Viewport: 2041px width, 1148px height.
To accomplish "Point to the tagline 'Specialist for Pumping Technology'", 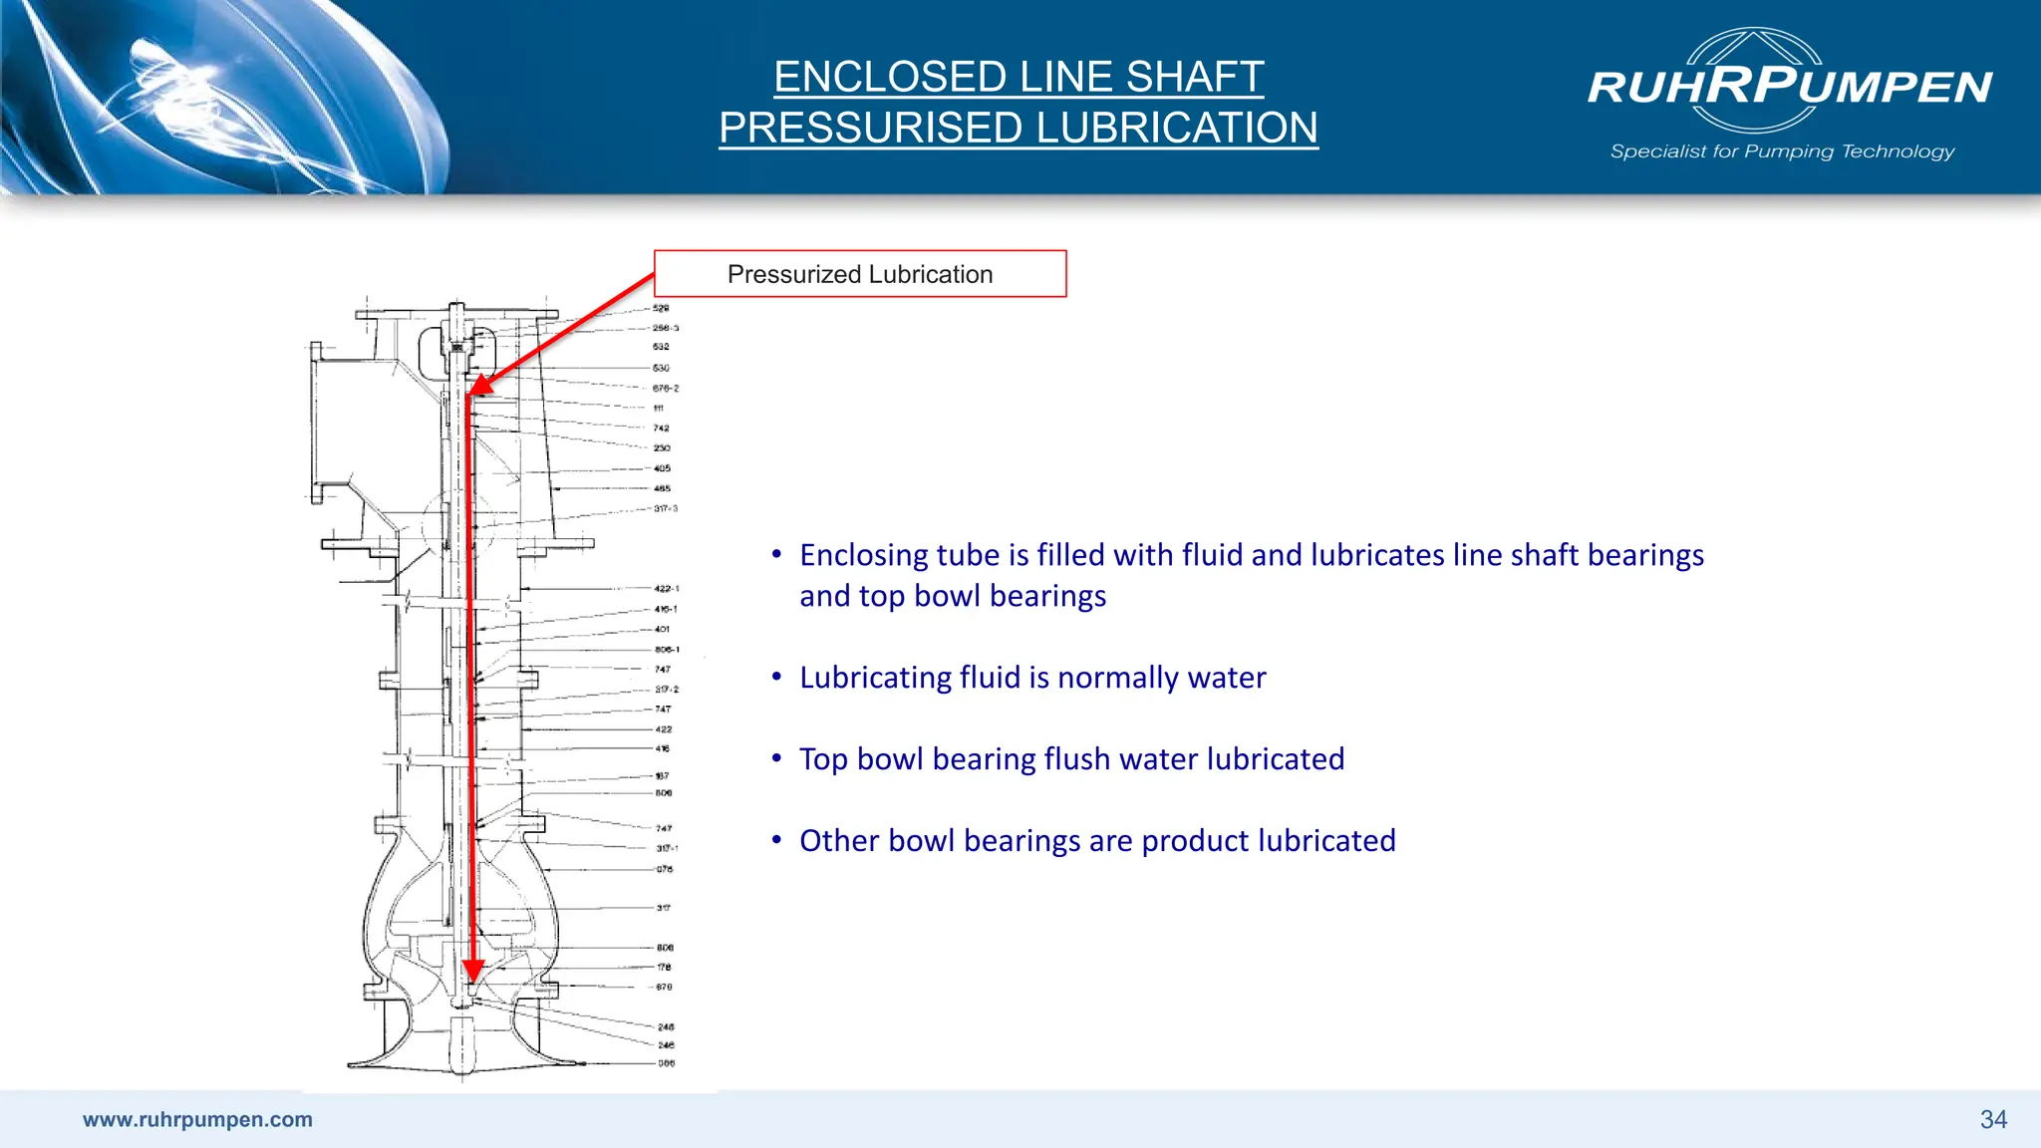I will pos(1782,151).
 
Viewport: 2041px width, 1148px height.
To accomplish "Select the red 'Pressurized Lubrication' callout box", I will pos(860,274).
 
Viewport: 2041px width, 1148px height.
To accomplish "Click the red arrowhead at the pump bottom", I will pos(473,970).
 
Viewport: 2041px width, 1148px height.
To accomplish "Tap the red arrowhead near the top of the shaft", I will pos(481,385).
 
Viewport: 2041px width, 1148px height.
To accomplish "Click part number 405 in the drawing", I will pos(662,468).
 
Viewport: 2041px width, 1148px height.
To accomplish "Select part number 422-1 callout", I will pos(666,589).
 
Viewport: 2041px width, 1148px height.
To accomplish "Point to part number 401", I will pos(662,629).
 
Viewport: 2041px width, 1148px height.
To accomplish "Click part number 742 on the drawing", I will pos(661,429).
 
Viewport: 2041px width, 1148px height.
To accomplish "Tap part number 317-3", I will pos(665,508).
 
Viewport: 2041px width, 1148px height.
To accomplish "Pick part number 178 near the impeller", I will pos(664,967).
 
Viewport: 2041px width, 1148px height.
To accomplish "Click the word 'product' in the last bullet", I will pos(1199,841).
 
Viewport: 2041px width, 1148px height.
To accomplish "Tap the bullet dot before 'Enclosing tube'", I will pos(776,554).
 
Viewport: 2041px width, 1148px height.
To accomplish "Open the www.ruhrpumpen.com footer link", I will pos(197,1119).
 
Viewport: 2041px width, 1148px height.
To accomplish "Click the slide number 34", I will pos(1993,1119).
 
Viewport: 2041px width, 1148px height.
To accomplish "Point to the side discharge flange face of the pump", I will pos(316,423).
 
